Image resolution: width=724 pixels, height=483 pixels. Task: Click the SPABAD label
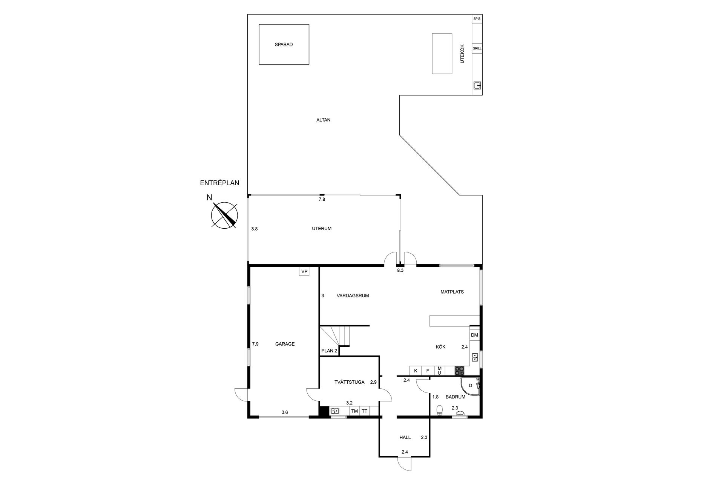click(x=284, y=45)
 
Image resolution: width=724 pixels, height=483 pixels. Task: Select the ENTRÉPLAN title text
click(x=219, y=183)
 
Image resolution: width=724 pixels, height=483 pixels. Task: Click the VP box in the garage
click(x=304, y=271)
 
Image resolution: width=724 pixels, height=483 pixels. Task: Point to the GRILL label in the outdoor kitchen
click(x=477, y=48)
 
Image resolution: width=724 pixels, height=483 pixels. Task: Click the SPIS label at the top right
click(x=477, y=18)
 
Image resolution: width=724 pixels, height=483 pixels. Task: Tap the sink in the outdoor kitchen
click(x=477, y=86)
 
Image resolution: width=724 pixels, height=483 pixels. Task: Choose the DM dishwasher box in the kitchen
click(x=474, y=335)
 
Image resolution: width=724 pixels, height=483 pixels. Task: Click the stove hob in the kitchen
click(x=459, y=371)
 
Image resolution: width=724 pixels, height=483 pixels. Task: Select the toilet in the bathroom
click(x=439, y=410)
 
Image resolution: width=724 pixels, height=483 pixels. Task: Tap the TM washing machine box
click(x=354, y=411)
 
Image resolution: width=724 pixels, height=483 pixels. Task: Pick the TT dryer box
click(x=365, y=411)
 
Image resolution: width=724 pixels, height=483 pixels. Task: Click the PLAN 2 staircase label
click(x=329, y=351)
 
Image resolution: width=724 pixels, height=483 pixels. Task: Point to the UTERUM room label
click(x=322, y=229)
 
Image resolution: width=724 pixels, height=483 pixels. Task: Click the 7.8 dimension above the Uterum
click(x=322, y=199)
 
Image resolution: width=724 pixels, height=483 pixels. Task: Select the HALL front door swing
click(x=405, y=464)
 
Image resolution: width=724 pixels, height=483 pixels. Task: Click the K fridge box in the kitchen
click(x=416, y=371)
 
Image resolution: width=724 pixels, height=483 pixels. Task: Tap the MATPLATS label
click(x=452, y=292)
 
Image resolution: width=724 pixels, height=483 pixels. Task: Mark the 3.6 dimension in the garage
click(x=285, y=412)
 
